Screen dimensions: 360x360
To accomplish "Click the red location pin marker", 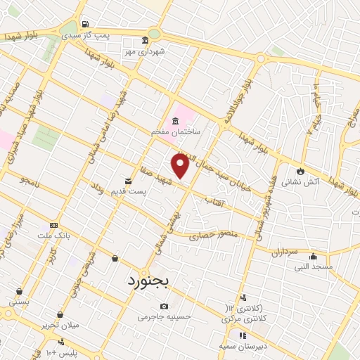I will click(181, 166).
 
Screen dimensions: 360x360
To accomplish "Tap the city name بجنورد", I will click(149, 281).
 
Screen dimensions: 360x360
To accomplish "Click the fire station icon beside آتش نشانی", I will click(300, 170).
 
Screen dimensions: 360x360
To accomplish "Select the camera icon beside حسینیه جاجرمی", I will click(164, 307).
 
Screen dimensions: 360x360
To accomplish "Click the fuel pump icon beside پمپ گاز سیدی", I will click(86, 23).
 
